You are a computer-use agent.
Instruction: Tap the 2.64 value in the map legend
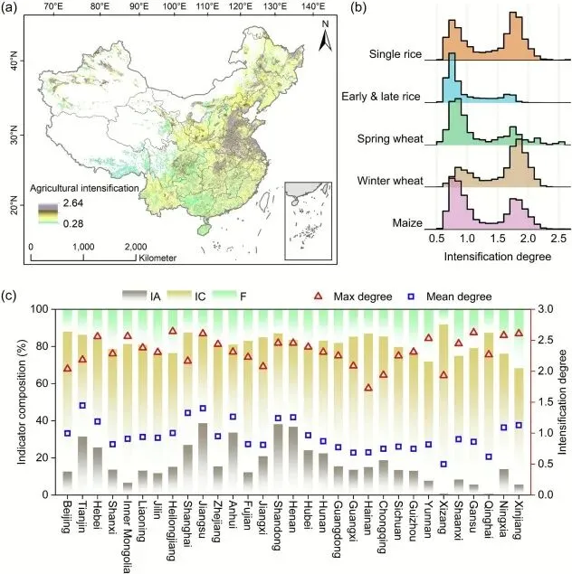[75, 206]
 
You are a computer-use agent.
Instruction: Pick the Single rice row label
[396, 52]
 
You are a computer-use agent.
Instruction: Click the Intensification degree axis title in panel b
[492, 257]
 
